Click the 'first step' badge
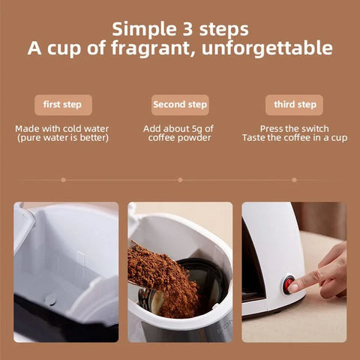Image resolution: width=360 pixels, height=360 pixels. point(63,104)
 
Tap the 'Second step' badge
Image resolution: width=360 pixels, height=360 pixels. point(179,104)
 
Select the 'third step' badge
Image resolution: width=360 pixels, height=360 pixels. point(294,104)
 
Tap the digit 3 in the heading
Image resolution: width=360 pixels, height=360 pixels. point(188,29)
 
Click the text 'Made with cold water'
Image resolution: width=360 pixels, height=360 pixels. point(63,129)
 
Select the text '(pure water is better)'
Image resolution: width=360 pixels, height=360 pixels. point(63,138)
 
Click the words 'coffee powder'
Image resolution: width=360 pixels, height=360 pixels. point(179,138)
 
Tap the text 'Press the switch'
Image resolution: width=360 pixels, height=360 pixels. point(294,129)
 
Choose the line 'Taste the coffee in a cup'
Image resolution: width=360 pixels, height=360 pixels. point(294,138)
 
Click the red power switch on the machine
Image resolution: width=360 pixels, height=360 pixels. point(289,283)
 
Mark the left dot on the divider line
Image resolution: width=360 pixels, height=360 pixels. point(66,180)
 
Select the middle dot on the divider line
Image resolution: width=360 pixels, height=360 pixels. point(180,180)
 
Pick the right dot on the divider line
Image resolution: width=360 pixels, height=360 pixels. point(294,180)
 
